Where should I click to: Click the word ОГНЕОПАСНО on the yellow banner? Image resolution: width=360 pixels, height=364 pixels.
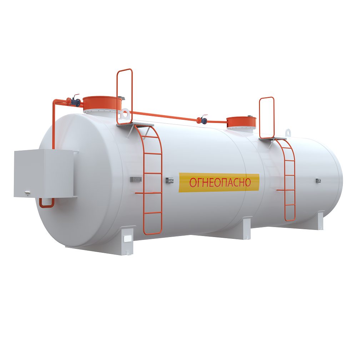tap(220, 182)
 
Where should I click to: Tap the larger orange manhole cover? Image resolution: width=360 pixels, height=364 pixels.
tap(102, 103)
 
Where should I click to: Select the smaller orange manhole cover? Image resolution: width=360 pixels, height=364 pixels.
tap(241, 122)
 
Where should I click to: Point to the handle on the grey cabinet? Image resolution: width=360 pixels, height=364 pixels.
tap(27, 192)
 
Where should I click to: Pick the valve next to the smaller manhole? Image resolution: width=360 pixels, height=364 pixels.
tap(202, 120)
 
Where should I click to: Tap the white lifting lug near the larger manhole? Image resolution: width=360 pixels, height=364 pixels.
tap(125, 114)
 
